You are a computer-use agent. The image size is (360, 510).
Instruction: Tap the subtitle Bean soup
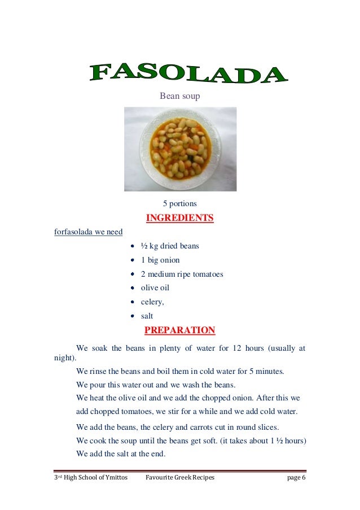(180, 96)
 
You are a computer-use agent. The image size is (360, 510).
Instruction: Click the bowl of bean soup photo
(180, 149)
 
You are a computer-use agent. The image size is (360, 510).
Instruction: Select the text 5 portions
(179, 203)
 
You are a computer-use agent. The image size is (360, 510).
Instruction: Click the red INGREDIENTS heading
(179, 218)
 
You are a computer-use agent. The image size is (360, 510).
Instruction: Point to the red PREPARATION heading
(179, 330)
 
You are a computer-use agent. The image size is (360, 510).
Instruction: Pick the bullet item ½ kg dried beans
(170, 246)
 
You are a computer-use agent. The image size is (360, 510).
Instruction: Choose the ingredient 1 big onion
(160, 260)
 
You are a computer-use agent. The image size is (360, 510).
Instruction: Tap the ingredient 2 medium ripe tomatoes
(182, 274)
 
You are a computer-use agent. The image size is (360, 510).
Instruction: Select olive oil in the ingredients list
(155, 288)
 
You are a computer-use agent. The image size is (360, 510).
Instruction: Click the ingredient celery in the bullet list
(152, 302)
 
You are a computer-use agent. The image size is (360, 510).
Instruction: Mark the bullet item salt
(147, 316)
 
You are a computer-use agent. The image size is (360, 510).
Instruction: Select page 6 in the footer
(296, 478)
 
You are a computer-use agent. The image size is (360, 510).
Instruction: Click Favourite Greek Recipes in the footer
(180, 478)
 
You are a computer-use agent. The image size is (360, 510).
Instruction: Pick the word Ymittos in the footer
(115, 478)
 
